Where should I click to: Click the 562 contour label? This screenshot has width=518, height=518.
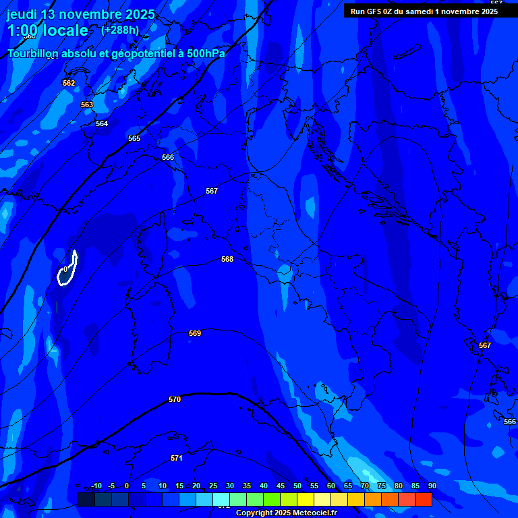(x=69, y=83)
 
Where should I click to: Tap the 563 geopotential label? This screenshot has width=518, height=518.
(x=87, y=105)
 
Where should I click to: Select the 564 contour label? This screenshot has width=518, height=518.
(x=102, y=123)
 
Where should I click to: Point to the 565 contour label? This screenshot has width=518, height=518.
(x=134, y=138)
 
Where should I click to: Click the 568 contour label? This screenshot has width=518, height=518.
(x=227, y=259)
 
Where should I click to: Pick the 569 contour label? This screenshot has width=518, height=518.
(x=195, y=333)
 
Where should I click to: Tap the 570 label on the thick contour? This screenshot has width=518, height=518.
(x=175, y=399)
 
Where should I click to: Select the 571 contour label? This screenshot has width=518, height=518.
(x=177, y=458)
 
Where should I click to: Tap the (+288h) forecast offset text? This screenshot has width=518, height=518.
(x=120, y=30)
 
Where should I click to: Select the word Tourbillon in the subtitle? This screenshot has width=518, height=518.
(x=35, y=53)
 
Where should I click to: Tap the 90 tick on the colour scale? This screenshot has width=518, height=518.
(x=432, y=486)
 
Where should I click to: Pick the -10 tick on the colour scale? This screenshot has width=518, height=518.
(x=96, y=486)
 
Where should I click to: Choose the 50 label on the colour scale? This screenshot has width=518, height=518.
(x=297, y=486)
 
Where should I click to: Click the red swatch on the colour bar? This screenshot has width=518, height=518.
(x=424, y=499)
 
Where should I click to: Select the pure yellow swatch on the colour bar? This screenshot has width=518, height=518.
(x=306, y=499)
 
